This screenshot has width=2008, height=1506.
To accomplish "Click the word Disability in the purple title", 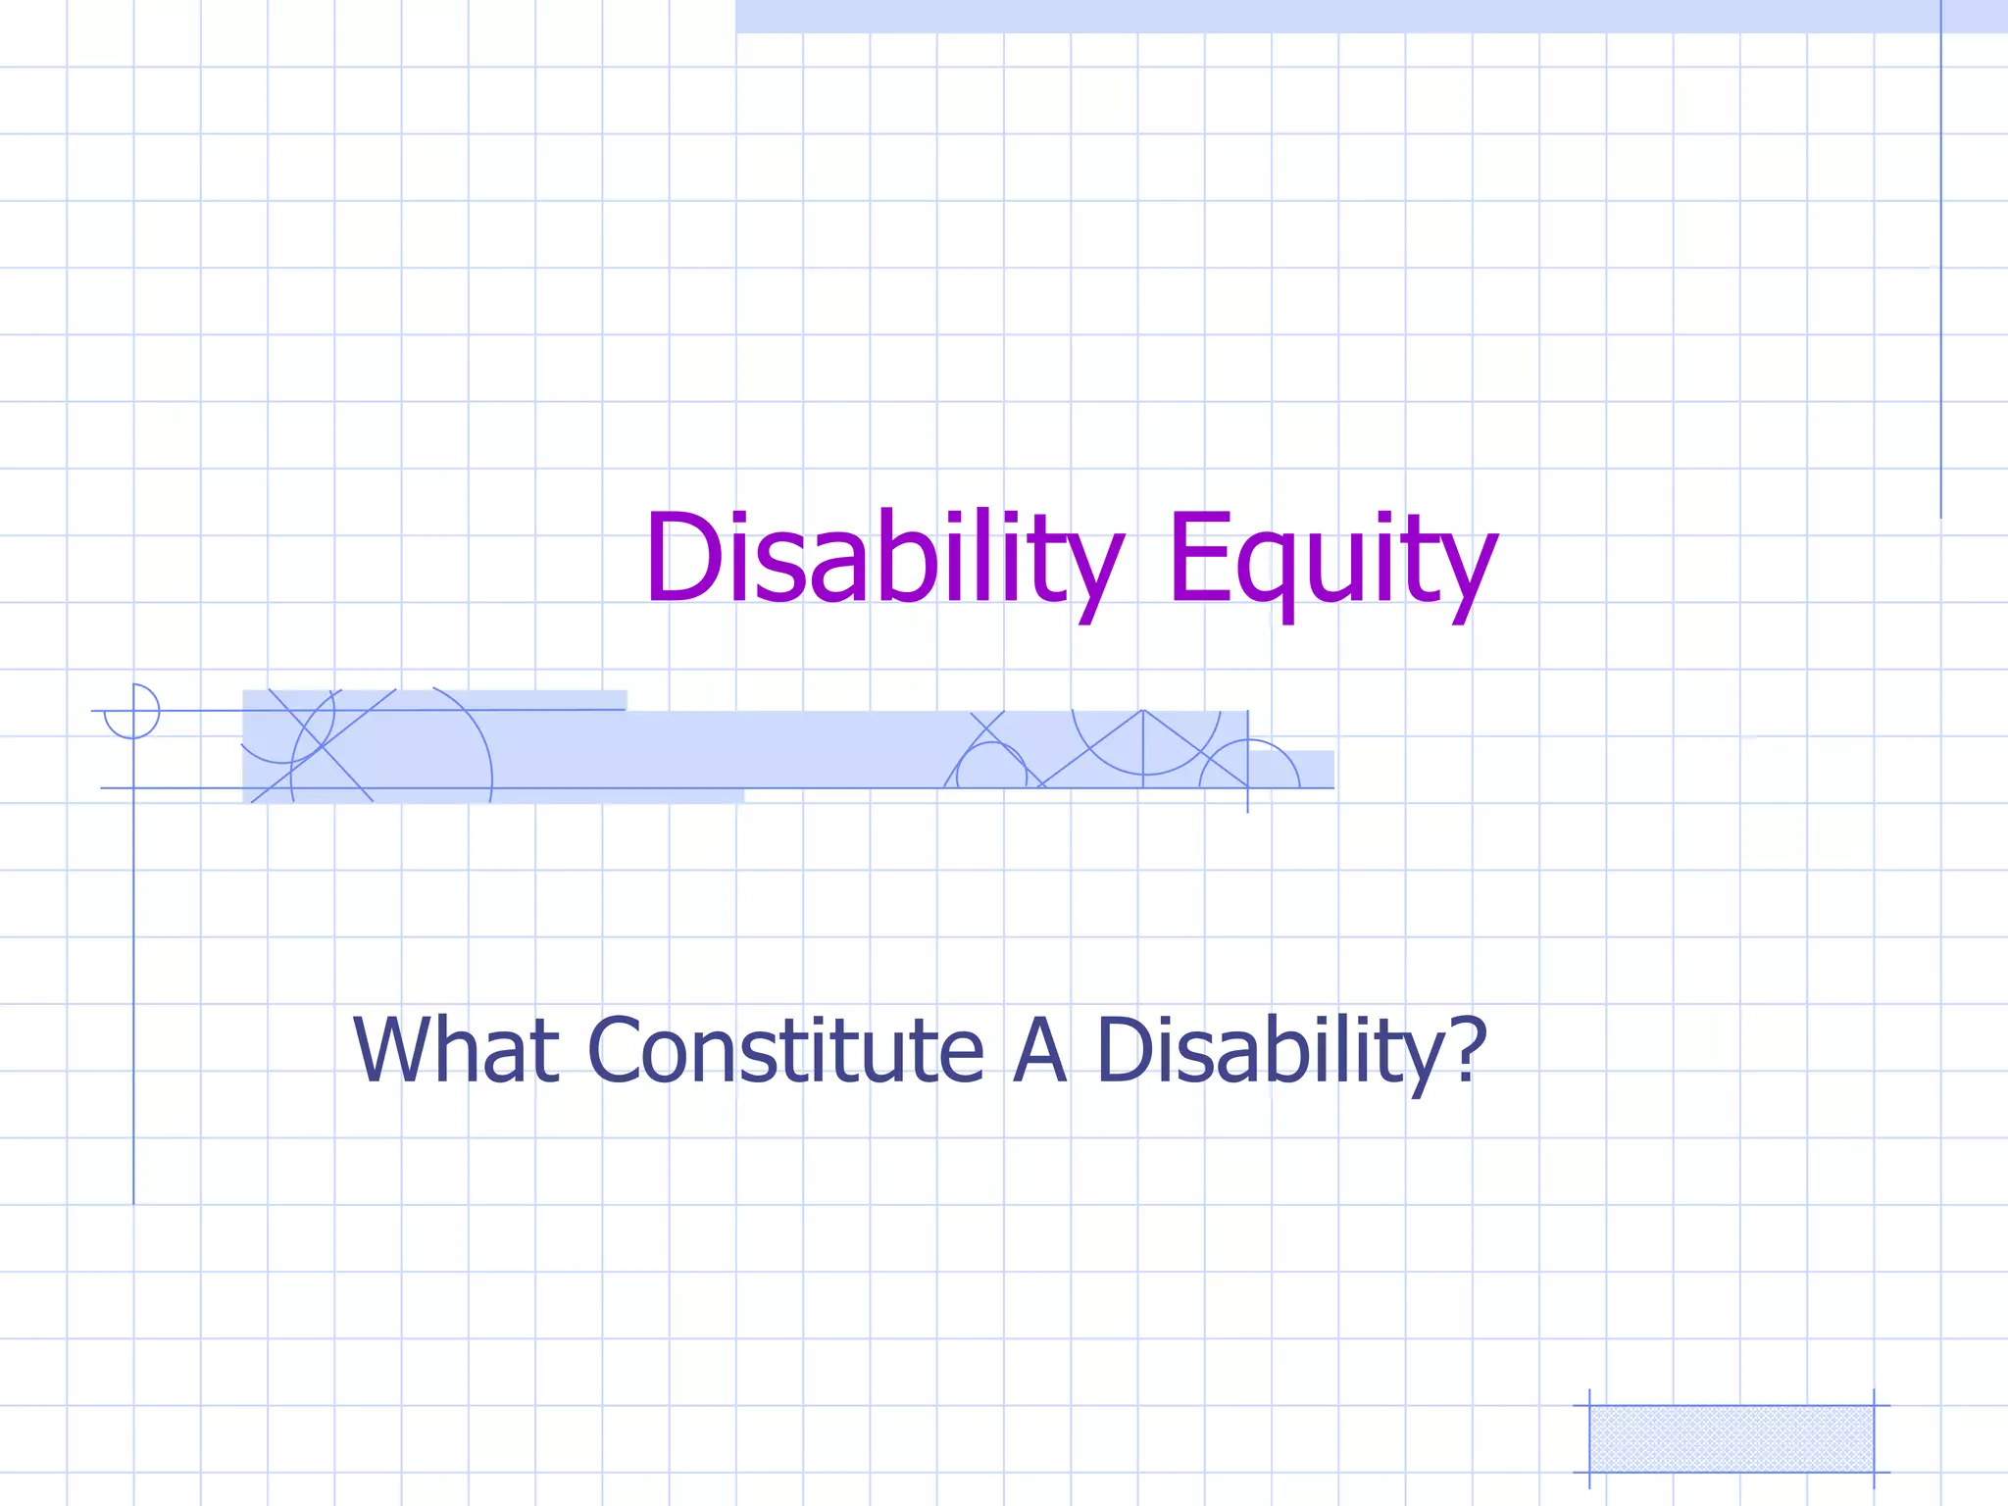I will [882, 559].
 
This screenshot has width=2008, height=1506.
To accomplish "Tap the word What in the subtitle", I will [456, 1051].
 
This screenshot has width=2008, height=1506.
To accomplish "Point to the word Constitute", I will [786, 1051].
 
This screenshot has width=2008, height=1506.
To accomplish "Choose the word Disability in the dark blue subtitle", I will [1267, 1051].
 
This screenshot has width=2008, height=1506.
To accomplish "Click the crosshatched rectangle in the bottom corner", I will [1731, 1438].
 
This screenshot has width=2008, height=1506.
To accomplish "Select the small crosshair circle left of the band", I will [132, 711].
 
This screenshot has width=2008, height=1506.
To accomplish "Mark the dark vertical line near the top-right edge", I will [1940, 255].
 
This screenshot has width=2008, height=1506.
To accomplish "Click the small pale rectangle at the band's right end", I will [1304, 769].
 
